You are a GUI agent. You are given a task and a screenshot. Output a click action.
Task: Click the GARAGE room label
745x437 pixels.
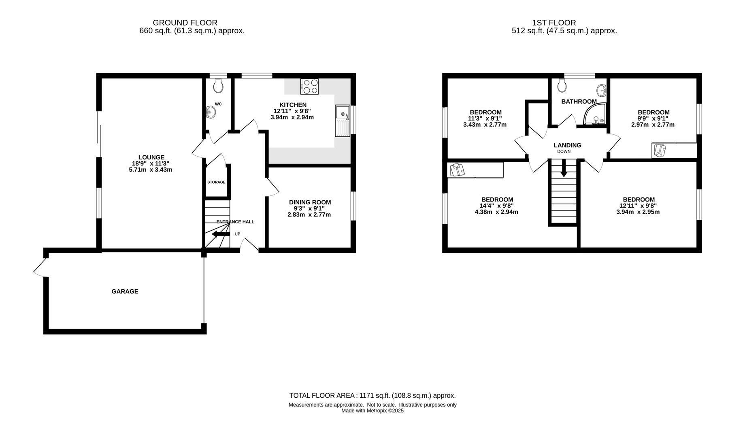[125, 291]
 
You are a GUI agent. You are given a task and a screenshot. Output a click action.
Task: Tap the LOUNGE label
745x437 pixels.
[151, 157]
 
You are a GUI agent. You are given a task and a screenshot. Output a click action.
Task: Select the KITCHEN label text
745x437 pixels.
[293, 105]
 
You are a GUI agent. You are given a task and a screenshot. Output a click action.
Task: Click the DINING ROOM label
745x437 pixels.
[310, 202]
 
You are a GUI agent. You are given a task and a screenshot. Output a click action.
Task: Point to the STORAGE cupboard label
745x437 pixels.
[216, 182]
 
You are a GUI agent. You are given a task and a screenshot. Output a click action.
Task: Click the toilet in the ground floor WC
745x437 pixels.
[218, 85]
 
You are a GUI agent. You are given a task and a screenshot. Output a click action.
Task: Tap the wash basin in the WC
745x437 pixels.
[211, 112]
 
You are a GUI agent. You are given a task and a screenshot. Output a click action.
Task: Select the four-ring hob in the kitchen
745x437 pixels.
[309, 87]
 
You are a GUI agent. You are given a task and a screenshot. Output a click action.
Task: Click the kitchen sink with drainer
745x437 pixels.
[343, 121]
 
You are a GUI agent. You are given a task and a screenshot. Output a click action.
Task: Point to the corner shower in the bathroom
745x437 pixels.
[595, 114]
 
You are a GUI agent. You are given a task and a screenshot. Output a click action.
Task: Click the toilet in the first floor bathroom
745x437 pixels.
[562, 85]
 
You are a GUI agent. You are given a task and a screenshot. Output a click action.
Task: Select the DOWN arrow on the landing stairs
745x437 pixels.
[564, 168]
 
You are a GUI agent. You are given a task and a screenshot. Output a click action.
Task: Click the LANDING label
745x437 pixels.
[567, 145]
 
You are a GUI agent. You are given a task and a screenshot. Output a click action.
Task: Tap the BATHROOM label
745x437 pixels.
[579, 102]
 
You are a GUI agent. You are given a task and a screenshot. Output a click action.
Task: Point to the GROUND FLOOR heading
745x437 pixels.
[185, 23]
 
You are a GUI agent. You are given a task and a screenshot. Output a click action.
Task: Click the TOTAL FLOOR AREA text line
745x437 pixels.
[372, 396]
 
